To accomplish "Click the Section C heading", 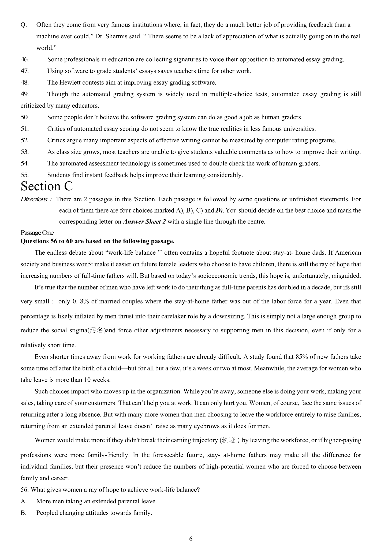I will point(47,186).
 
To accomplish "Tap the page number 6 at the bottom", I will point(191,539).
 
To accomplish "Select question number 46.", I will point(24,60).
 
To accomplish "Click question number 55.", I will point(24,175).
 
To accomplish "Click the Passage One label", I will point(37,233).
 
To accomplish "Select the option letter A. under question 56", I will point(24,501).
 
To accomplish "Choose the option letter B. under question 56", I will point(24,513).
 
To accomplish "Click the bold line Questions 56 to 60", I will point(98,241).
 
